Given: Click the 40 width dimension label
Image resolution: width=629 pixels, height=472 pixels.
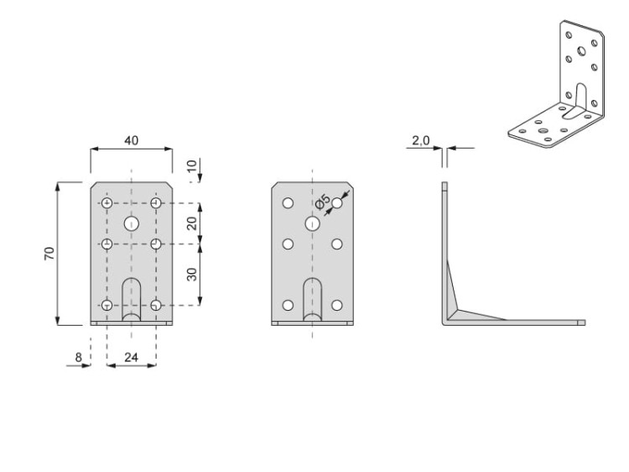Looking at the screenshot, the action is [x=131, y=140].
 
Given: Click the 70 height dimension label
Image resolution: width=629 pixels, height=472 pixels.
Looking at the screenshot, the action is [x=49, y=254].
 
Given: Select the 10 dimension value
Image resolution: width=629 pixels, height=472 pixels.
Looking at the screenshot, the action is [x=192, y=165].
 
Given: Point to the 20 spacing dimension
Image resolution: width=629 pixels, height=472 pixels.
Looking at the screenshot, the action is [x=192, y=223].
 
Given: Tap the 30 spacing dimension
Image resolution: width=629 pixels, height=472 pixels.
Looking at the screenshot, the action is [x=192, y=275].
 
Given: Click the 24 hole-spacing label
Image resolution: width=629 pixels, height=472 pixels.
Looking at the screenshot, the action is [x=131, y=357].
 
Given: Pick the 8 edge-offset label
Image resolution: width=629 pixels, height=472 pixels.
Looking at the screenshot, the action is [x=78, y=357].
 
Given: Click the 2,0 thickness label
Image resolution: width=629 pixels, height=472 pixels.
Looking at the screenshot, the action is [x=421, y=140].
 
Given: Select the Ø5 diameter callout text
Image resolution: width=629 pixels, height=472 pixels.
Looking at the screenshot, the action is [x=323, y=201].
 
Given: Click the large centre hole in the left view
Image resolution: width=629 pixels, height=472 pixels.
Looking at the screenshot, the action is [x=131, y=223].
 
